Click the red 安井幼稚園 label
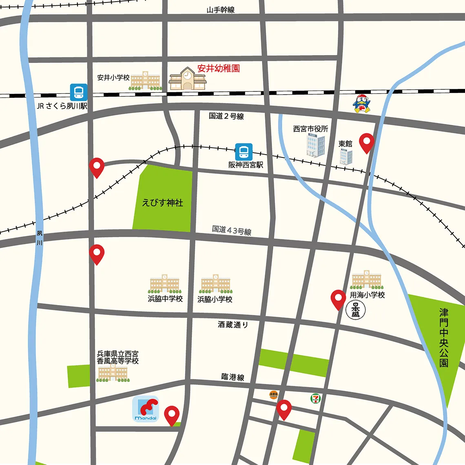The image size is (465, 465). coord(218,69)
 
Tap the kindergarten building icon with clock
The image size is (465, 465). coord(187,79)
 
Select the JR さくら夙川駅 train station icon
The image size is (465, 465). coord(78,93)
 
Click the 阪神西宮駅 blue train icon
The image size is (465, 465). coord(244,152)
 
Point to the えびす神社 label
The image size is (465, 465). coord(162,203)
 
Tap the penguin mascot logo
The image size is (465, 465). coord(361,104)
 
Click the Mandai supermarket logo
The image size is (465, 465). coord(146,409)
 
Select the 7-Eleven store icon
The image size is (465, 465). coord(315,399)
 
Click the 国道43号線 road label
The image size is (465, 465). coord(231,230)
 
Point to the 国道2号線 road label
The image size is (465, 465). coord(226,116)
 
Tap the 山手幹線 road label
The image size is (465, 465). coord(220,10)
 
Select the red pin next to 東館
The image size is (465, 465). coord(367,143)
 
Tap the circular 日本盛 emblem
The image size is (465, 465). coord(355,310)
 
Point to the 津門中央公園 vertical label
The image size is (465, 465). coord(444,337)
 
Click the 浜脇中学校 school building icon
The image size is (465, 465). coord(164,283)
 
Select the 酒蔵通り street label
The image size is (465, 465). coord(232,325)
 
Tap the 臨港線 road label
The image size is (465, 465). coord(232,377)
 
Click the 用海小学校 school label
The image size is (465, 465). coord(367,294)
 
